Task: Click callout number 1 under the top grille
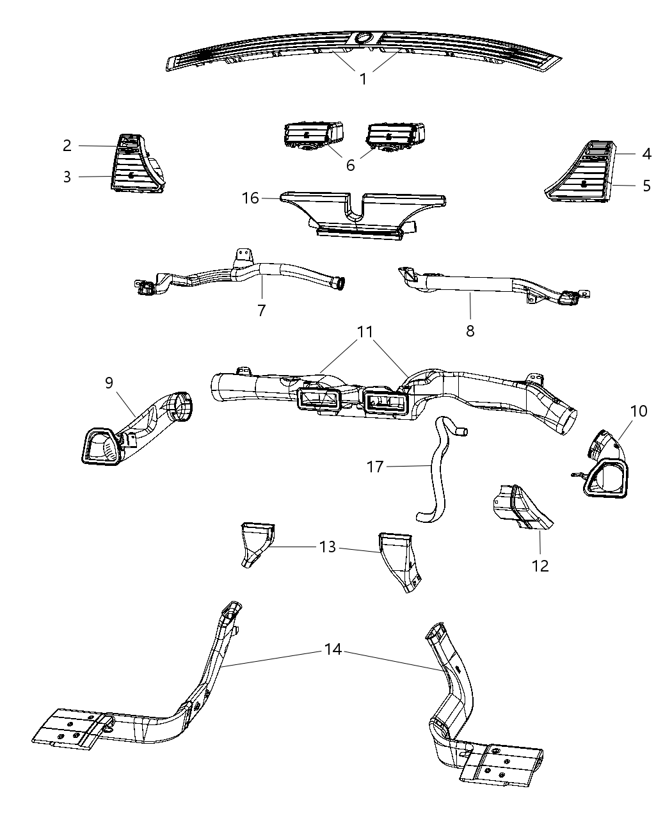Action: click(x=363, y=79)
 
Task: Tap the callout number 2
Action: click(x=67, y=145)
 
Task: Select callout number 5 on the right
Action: click(x=647, y=186)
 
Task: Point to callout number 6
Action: click(x=350, y=165)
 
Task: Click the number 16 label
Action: click(x=250, y=198)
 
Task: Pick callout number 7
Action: click(x=261, y=310)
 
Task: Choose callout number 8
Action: click(x=470, y=331)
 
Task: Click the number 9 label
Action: click(x=109, y=383)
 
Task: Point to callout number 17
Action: click(x=375, y=467)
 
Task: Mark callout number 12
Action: click(x=540, y=566)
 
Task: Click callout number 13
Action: click(x=328, y=548)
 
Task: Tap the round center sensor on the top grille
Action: click(x=364, y=38)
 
